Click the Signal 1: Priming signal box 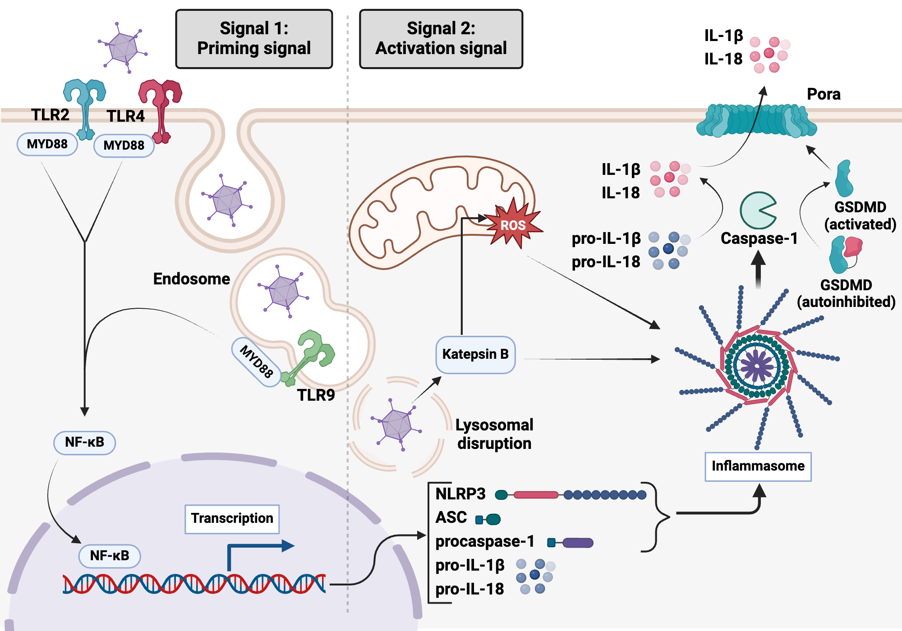tap(254, 39)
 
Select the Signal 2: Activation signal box tap(441, 39)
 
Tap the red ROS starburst tap(513, 224)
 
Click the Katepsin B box tap(475, 355)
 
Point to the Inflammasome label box tap(758, 466)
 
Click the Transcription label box tap(232, 519)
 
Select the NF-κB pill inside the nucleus tap(110, 556)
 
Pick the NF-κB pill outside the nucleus tap(84, 443)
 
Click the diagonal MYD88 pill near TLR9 tap(256, 361)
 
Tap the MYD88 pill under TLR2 tap(47, 144)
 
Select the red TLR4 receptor tap(160, 108)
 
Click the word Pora tap(823, 94)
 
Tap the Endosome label tap(191, 279)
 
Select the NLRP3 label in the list tap(460, 494)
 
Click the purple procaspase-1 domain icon tap(577, 543)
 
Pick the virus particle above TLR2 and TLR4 tap(123, 47)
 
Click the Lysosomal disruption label tap(494, 434)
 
